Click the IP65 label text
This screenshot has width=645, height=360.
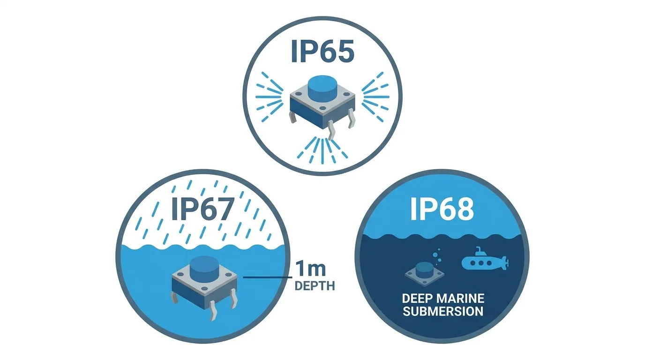tap(322, 51)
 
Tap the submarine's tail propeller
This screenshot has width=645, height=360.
tap(505, 262)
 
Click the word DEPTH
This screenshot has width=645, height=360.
tap(315, 286)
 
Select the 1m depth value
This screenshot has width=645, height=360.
tap(310, 269)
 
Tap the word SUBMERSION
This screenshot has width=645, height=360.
tap(443, 312)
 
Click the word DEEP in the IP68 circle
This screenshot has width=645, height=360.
tap(417, 299)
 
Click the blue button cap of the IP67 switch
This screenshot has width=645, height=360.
tap(204, 269)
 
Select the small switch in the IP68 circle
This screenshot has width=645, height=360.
tap(424, 274)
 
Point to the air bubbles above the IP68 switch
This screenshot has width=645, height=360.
tap(436, 256)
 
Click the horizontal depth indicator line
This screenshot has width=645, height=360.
tap(268, 277)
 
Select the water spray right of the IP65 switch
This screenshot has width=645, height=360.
tap(375, 97)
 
